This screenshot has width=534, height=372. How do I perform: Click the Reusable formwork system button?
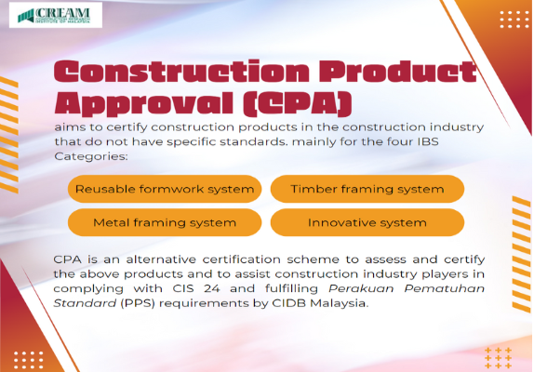[x=165, y=189]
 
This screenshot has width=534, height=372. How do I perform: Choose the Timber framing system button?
[x=367, y=189]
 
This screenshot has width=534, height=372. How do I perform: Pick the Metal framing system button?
[x=165, y=223]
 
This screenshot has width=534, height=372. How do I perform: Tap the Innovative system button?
[x=367, y=223]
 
